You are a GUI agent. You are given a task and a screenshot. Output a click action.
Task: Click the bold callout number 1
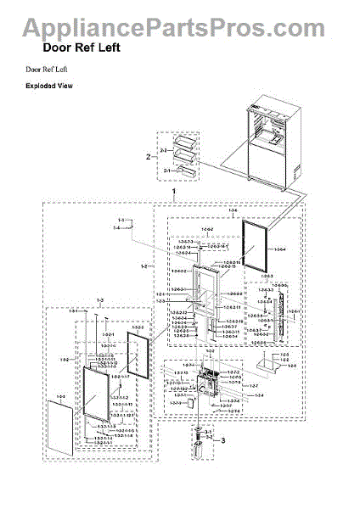tap(173, 193)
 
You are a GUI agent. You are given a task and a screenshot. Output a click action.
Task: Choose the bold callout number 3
tap(224, 439)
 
